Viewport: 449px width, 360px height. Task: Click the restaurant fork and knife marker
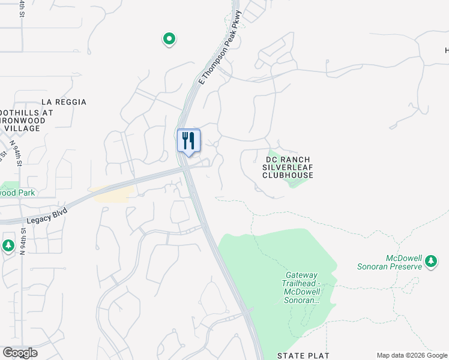pos(188,141)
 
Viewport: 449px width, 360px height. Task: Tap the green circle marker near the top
pos(169,40)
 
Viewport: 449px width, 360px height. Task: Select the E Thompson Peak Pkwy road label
pos(220,47)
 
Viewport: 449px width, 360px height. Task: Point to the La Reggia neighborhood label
pos(64,103)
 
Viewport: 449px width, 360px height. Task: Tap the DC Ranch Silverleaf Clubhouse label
pos(288,167)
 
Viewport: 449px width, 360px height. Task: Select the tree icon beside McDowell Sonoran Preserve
pos(430,261)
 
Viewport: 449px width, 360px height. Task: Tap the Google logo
pos(20,353)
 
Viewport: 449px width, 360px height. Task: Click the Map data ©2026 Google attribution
pos(412,355)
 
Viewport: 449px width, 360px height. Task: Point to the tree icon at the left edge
pos(8,245)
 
